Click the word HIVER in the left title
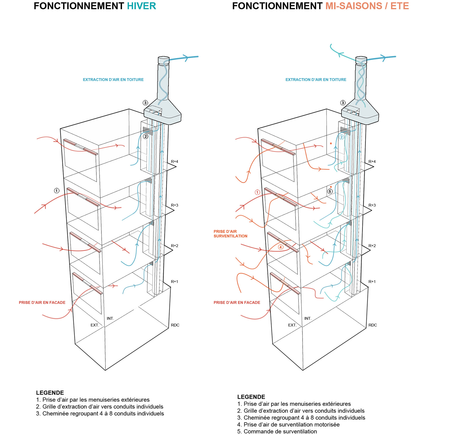coord(142,6)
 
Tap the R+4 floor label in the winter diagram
coord(175,161)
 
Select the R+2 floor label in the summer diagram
coord(372,246)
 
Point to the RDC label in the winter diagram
coord(175,325)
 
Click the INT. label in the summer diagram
coord(308,318)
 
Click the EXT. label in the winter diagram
coord(95,325)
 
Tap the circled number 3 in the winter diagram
coord(145,103)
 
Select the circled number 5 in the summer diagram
coord(330,191)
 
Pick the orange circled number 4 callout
coord(281,247)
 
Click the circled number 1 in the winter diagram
coord(57,190)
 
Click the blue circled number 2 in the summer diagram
coord(342,137)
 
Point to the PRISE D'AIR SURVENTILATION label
coord(231,234)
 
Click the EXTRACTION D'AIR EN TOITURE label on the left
coord(113,80)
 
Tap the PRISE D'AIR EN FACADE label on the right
coord(237,303)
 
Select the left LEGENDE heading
coord(50,393)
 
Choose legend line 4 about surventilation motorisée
coord(288,425)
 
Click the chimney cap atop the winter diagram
coord(163,60)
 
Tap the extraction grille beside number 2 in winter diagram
coord(148,131)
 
